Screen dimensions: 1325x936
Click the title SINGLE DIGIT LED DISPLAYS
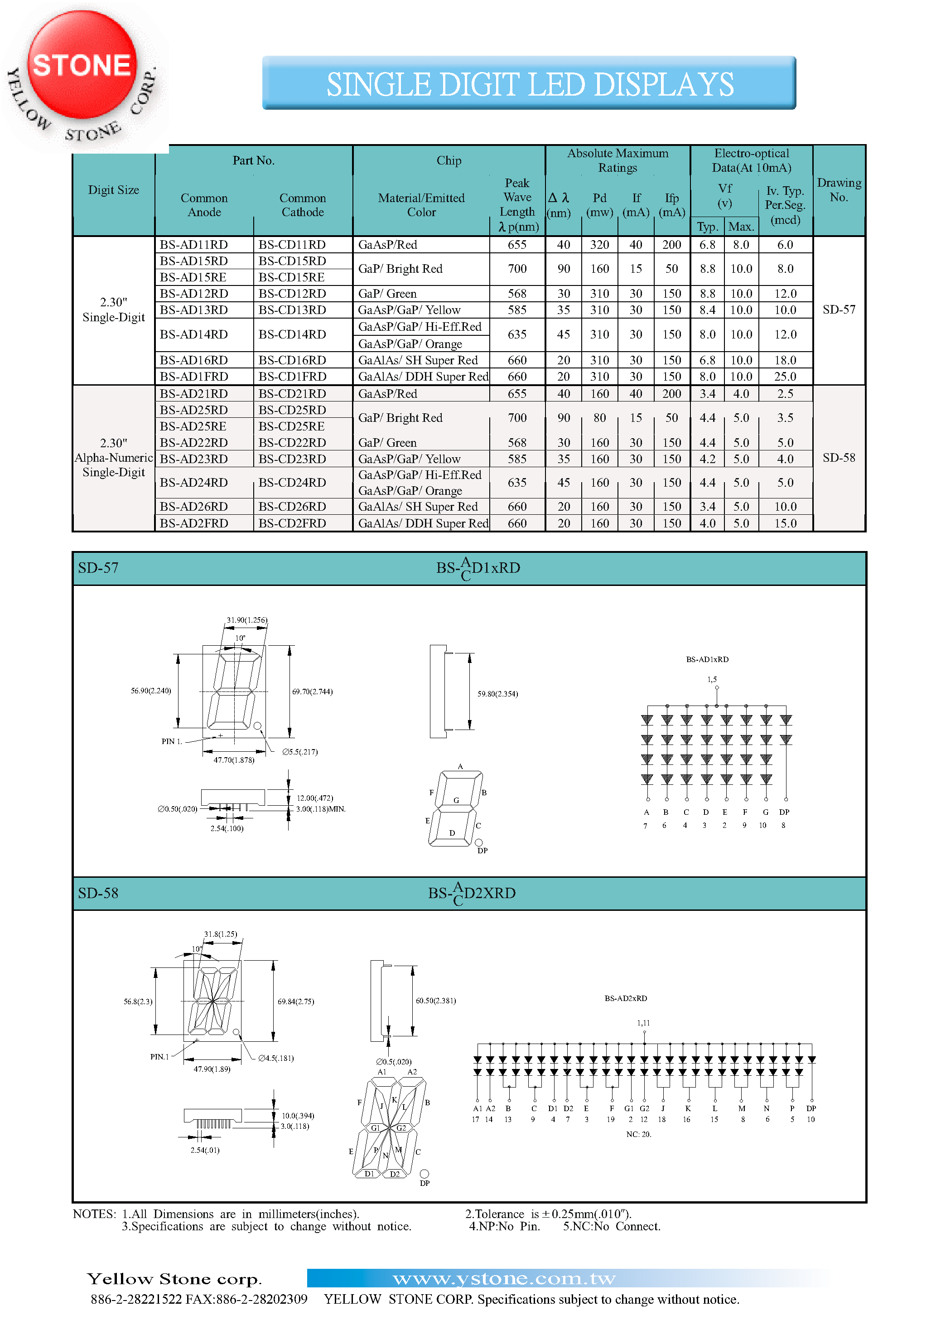(x=529, y=84)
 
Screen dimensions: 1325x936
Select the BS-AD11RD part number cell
(x=194, y=245)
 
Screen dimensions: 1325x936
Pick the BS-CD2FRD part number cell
(x=292, y=523)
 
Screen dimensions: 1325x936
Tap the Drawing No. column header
(x=839, y=190)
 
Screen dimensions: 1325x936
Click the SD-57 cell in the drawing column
(x=839, y=309)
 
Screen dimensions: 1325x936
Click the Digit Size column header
(x=114, y=190)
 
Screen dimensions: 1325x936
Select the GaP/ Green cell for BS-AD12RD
(x=387, y=294)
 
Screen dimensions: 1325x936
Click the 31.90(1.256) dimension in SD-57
(x=246, y=620)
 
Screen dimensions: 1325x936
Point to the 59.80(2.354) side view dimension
(x=497, y=694)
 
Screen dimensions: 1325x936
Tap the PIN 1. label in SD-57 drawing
(x=171, y=741)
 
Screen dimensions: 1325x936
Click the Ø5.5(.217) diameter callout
(x=300, y=752)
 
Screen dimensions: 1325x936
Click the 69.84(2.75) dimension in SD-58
(x=295, y=1001)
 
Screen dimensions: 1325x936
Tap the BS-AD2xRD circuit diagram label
(x=626, y=998)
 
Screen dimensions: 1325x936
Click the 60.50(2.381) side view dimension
(x=436, y=1001)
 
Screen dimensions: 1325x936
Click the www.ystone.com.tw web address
(x=504, y=1278)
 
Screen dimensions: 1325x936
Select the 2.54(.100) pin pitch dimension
(x=227, y=829)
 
